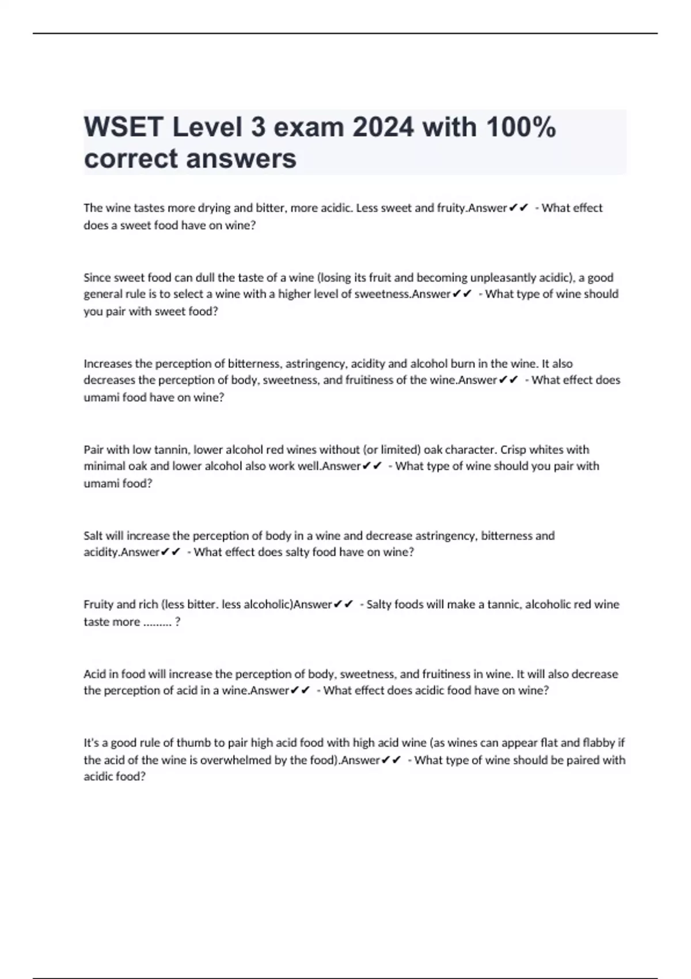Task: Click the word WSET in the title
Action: pyautogui.click(x=124, y=127)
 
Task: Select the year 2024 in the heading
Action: pyautogui.click(x=383, y=127)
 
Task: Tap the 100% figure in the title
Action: pyautogui.click(x=521, y=127)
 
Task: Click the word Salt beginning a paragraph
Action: pyautogui.click(x=93, y=536)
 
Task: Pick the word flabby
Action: pyautogui.click(x=599, y=743)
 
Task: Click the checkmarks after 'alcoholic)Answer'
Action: pyautogui.click(x=343, y=604)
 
